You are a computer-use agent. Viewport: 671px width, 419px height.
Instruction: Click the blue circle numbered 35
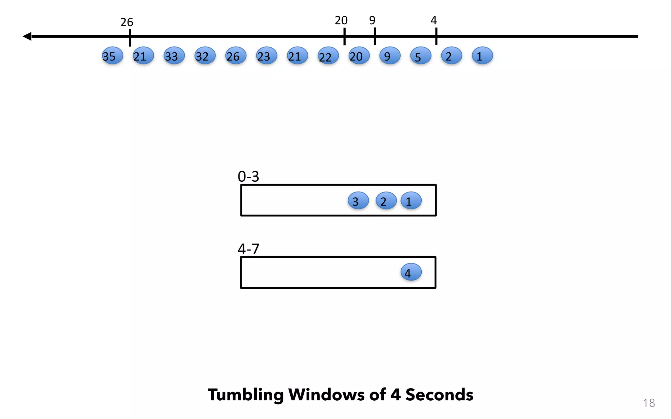[112, 56]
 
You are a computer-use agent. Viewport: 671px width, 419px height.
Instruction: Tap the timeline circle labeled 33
[174, 56]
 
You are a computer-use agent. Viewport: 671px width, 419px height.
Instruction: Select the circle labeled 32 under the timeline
[205, 56]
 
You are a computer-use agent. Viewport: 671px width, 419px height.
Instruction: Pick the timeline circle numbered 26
[236, 56]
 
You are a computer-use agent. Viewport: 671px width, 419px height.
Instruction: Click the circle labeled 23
[266, 56]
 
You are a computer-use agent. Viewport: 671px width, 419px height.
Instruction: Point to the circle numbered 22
[328, 56]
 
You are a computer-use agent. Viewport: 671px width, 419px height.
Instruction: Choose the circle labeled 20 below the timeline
[359, 56]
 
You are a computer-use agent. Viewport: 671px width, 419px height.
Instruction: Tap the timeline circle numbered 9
[390, 56]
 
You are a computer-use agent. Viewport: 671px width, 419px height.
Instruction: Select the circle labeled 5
[420, 56]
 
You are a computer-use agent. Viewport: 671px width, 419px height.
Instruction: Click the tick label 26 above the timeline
[127, 22]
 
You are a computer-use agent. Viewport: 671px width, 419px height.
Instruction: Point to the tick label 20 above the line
[341, 21]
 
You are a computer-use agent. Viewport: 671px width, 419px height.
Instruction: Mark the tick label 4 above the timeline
[433, 21]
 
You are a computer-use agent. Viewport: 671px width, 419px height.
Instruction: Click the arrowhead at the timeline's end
[27, 36]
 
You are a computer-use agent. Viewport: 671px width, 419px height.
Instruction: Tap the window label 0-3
[248, 177]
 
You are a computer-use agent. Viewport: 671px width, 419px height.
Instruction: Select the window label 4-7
[248, 249]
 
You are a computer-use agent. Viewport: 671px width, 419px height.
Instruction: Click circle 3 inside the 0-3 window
[358, 201]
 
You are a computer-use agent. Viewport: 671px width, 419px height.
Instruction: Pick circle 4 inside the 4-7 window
[411, 272]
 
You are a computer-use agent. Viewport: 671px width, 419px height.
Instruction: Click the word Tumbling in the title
[245, 395]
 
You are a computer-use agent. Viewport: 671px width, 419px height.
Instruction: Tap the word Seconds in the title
[439, 395]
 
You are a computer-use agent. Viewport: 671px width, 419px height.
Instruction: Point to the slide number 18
[649, 403]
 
